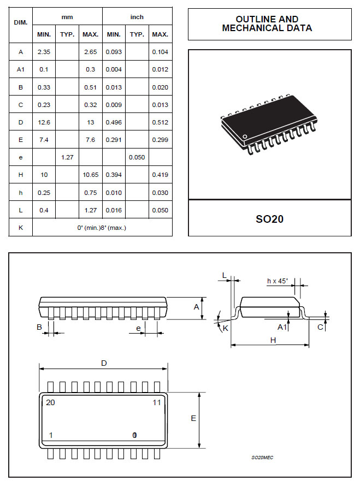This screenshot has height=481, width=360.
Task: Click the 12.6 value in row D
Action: coord(44,122)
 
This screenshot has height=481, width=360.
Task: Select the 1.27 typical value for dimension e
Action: coord(67,157)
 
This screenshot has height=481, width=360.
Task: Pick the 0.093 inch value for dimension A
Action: coord(114,52)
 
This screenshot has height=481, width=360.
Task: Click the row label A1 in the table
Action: coord(21,69)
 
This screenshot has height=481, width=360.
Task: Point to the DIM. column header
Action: coord(21,22)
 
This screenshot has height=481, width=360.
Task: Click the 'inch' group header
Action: coord(137,17)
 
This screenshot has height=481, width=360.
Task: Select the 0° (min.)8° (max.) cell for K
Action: coord(102,227)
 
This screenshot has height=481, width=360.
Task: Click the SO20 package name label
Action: coord(269,219)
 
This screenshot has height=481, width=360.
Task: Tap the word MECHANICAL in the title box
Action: coord(248,28)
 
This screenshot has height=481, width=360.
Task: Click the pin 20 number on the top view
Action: coord(51,402)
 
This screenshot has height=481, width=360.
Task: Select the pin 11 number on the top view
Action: coord(157,402)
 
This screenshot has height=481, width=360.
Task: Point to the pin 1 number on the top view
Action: coord(51,435)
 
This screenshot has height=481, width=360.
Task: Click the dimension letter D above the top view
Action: coord(104,363)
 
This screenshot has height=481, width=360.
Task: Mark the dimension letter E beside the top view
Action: coord(193,419)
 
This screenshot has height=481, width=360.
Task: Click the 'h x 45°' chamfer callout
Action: coord(278,281)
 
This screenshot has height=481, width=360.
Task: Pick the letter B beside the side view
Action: coord(39,327)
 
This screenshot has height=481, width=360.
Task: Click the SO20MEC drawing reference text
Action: coord(262,457)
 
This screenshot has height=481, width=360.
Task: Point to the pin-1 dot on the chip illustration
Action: coord(245,136)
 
